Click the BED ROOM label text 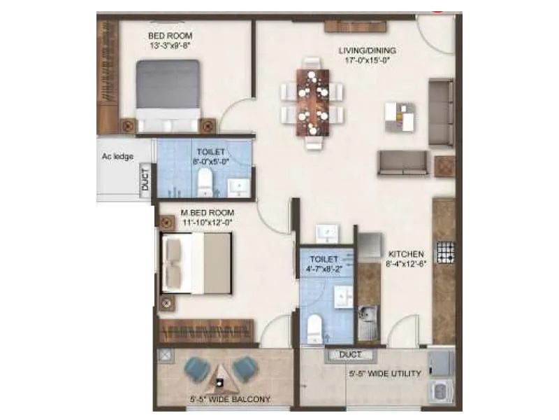170,36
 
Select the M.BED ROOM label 208,213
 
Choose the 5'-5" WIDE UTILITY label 385,374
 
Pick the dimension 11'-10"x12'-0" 208,223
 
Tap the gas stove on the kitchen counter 445,251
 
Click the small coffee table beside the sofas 399,117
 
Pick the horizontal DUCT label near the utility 350,355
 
